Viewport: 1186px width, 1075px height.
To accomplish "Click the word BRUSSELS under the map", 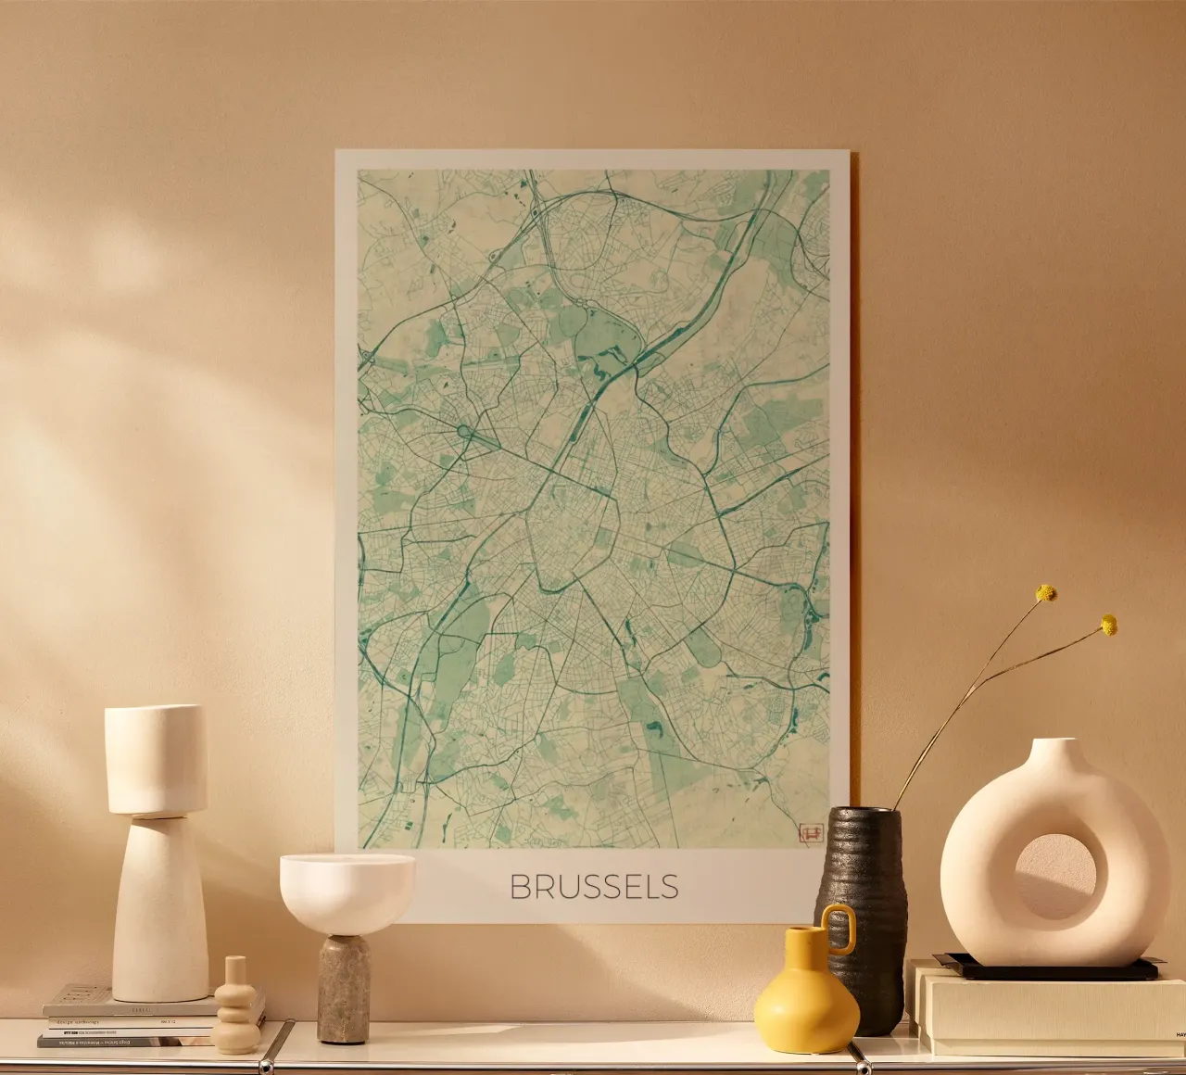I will pyautogui.click(x=594, y=887).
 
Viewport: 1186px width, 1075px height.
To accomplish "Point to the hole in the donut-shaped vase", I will pyautogui.click(x=1055, y=877).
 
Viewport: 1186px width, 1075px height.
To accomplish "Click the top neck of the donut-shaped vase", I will pyautogui.click(x=1057, y=751).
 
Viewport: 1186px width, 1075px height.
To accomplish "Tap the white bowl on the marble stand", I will pyautogui.click(x=347, y=891).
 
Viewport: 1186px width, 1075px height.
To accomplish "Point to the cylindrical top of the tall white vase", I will pyautogui.click(x=156, y=758).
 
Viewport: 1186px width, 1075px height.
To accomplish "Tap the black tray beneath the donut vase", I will pyautogui.click(x=1047, y=969).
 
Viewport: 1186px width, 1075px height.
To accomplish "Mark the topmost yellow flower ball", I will pyautogui.click(x=1046, y=592).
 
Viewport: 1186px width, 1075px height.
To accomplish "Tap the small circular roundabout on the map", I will pyautogui.click(x=463, y=431).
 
